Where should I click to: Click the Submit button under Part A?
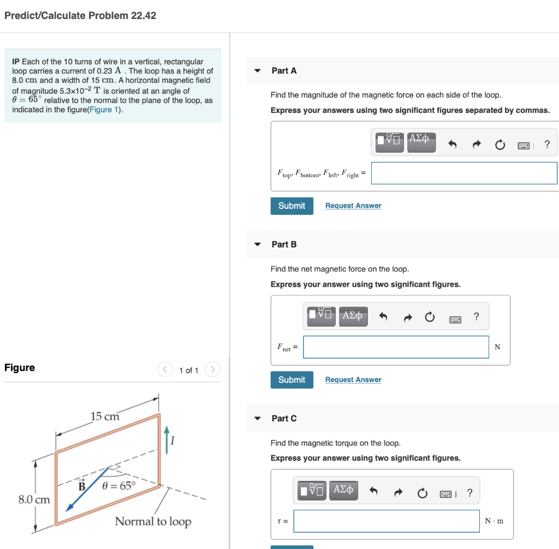point(292,206)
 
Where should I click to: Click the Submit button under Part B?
point(292,379)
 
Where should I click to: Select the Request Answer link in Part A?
point(353,206)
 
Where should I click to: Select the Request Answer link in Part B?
point(353,379)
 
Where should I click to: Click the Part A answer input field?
point(464,173)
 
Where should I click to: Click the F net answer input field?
point(396,347)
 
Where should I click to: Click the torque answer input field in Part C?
point(386,521)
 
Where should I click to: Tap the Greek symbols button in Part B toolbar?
point(352,316)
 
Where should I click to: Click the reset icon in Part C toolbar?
point(421,494)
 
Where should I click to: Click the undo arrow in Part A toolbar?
point(452,144)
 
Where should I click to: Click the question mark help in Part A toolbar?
point(547,144)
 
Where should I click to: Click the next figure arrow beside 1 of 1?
point(213,370)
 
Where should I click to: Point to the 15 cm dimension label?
point(104,417)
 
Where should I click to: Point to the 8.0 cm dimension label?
point(33,499)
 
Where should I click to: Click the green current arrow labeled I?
point(167,440)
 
